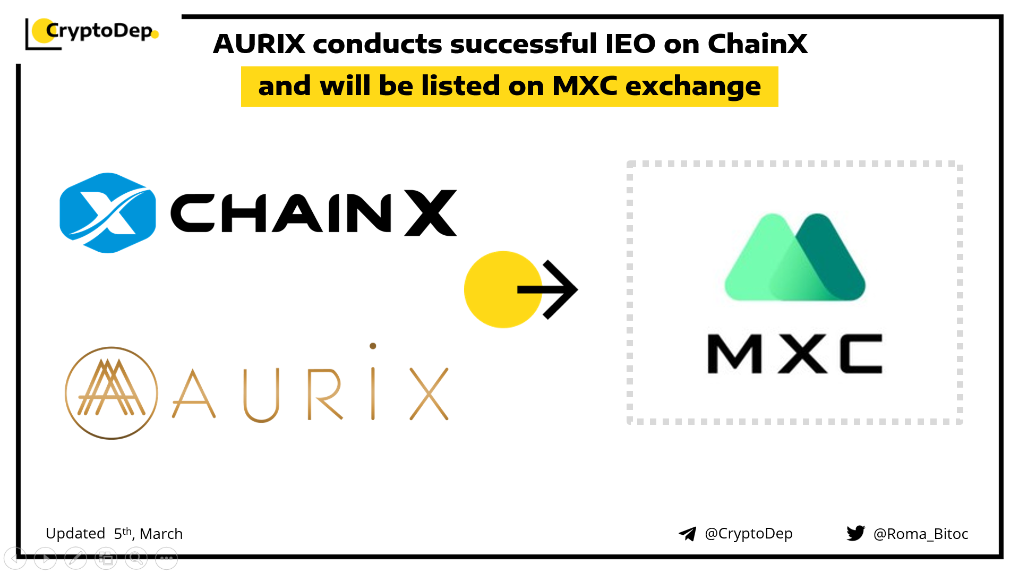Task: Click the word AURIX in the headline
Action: click(259, 44)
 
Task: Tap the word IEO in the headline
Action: click(630, 44)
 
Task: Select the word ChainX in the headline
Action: click(757, 44)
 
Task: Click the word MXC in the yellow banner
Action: click(585, 85)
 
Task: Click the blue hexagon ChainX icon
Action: click(108, 213)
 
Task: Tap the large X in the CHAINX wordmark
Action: click(431, 213)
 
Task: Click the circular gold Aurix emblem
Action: click(112, 393)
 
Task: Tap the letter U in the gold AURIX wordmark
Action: click(261, 395)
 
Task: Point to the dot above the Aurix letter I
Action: click(373, 346)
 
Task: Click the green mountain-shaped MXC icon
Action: click(795, 257)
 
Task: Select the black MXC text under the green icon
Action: click(795, 354)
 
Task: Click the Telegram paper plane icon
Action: click(688, 534)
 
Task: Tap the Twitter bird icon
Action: click(856, 533)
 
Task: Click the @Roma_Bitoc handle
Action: click(921, 534)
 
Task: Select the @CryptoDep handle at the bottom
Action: click(748, 534)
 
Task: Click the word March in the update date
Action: click(161, 534)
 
